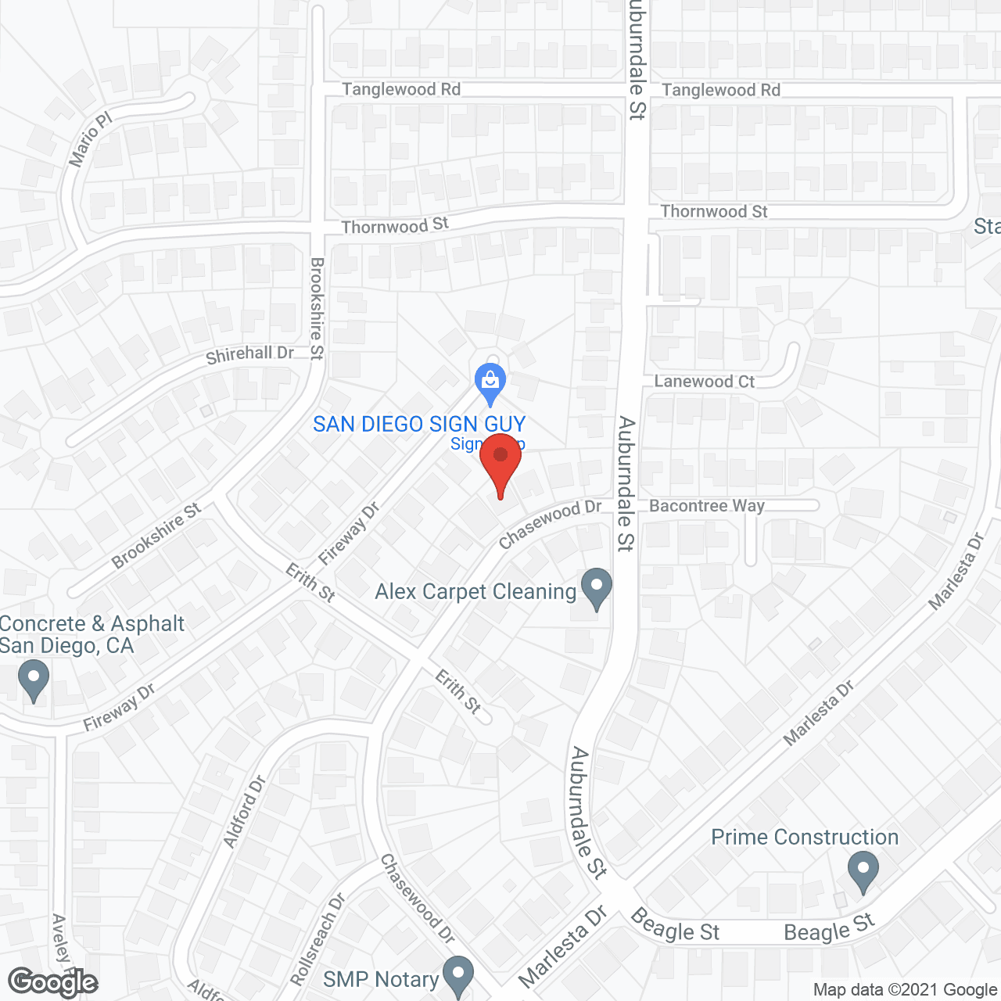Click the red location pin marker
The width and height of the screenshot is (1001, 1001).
click(x=500, y=461)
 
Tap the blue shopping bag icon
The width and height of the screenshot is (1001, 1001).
click(x=490, y=382)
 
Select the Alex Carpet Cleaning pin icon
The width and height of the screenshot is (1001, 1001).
click(x=597, y=588)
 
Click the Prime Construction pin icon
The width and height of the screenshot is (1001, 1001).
click(x=863, y=871)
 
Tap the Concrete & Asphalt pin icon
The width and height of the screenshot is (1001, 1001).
click(x=33, y=680)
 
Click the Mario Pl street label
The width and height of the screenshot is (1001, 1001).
click(x=91, y=140)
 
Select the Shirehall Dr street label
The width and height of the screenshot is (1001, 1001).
click(x=249, y=355)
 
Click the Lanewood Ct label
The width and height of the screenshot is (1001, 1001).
click(x=704, y=382)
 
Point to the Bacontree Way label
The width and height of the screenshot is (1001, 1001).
click(x=707, y=506)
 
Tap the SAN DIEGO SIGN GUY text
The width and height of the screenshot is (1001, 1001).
click(x=419, y=425)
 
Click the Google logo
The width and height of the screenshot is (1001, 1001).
click(x=53, y=982)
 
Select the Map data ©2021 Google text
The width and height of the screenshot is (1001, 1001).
click(x=905, y=990)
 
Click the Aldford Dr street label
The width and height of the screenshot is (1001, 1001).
click(x=244, y=812)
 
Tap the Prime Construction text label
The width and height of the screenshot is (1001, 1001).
click(x=805, y=838)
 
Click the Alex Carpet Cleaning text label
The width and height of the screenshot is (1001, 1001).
click(x=475, y=592)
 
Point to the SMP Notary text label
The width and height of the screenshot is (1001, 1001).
click(x=381, y=980)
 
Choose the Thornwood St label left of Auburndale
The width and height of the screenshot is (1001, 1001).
click(x=395, y=226)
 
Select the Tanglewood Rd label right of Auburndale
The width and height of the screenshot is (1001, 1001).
click(x=721, y=90)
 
